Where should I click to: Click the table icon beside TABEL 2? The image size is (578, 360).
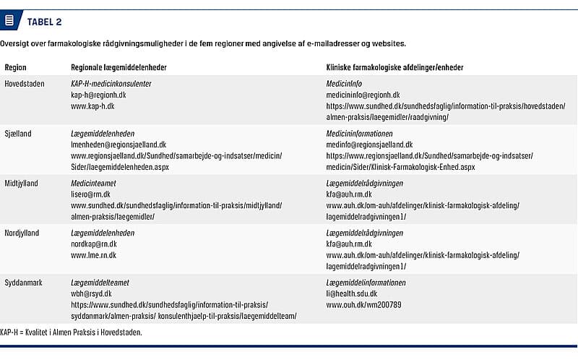click(9, 21)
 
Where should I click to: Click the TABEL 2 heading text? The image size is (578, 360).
click(44, 21)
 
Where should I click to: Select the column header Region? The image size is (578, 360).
click(15, 67)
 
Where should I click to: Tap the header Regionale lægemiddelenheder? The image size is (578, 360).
click(118, 67)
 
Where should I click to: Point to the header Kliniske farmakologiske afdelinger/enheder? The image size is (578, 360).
click(394, 67)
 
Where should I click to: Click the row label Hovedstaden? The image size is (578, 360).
click(25, 84)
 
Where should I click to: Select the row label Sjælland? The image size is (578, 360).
click(18, 134)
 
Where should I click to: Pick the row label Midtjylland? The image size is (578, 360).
click(22, 184)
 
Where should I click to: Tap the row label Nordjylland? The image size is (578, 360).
click(22, 233)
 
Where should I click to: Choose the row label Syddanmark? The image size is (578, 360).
click(22, 283)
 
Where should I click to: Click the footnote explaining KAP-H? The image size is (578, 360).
click(71, 332)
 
